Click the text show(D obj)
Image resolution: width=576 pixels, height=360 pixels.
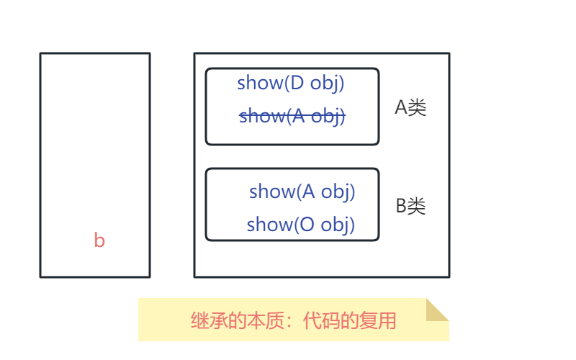pos(291,83)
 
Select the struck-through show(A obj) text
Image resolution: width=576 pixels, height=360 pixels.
pos(292,116)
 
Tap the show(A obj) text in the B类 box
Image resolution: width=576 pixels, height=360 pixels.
pos(302,192)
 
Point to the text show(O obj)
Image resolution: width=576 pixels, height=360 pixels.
pos(301,225)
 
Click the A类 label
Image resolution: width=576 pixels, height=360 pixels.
pos(410,108)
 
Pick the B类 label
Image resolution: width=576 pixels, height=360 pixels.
pos(410,207)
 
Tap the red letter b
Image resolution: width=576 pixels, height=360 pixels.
pos(99,240)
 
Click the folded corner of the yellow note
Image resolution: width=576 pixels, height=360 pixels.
pos(436,310)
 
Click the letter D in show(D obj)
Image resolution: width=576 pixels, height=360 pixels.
pos(295,83)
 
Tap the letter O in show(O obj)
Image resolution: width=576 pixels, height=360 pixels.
pos(305,225)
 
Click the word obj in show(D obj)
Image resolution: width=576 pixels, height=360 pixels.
pos(328,83)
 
